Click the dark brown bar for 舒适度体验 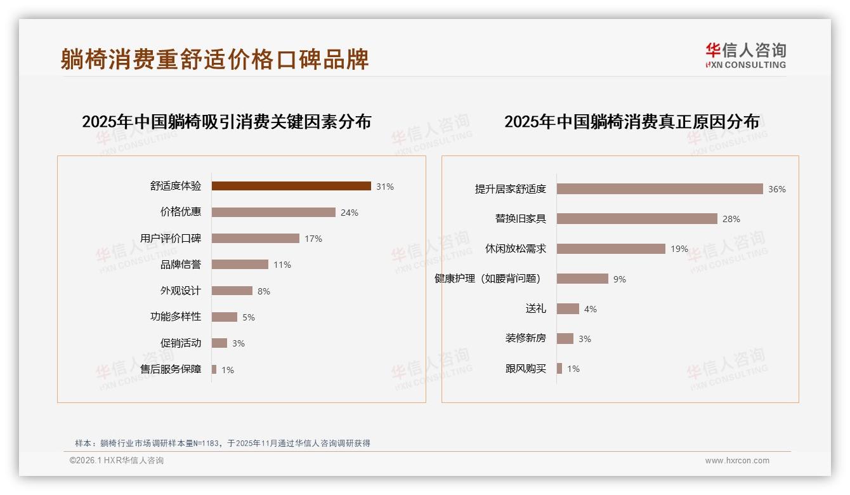point(291,186)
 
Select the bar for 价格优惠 point(273,212)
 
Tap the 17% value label point(313,239)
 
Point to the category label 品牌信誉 point(180,265)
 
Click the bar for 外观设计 point(232,291)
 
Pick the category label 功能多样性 point(175,317)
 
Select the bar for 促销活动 point(219,343)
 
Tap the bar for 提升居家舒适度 point(660,188)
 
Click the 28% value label point(731,219)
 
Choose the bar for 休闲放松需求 point(611,249)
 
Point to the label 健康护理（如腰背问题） point(487,279)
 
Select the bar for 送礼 point(568,308)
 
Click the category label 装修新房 point(525,338)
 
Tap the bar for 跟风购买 point(559,368)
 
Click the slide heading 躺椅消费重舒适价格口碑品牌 point(214,59)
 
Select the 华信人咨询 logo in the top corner point(745,55)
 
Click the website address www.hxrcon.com point(736,461)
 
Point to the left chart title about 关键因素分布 point(226,121)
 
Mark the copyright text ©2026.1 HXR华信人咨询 point(116,461)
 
